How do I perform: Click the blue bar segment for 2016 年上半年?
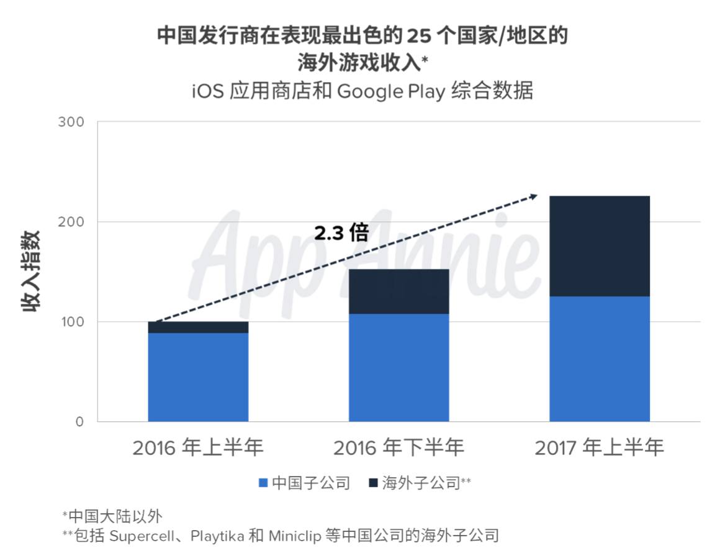point(198,377)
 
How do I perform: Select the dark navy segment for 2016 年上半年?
point(198,327)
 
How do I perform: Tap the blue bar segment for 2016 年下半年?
point(398,367)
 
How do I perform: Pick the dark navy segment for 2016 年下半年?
point(398,291)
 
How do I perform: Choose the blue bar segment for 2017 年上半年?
point(599,359)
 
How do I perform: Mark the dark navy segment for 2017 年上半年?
point(599,246)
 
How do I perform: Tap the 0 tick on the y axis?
point(78,422)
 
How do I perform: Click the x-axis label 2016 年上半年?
point(198,447)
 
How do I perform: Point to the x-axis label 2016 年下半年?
point(398,447)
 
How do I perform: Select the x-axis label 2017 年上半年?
point(599,447)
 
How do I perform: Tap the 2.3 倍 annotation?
point(341,234)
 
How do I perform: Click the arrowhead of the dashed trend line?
point(533,196)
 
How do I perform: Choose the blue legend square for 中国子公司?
point(263,483)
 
